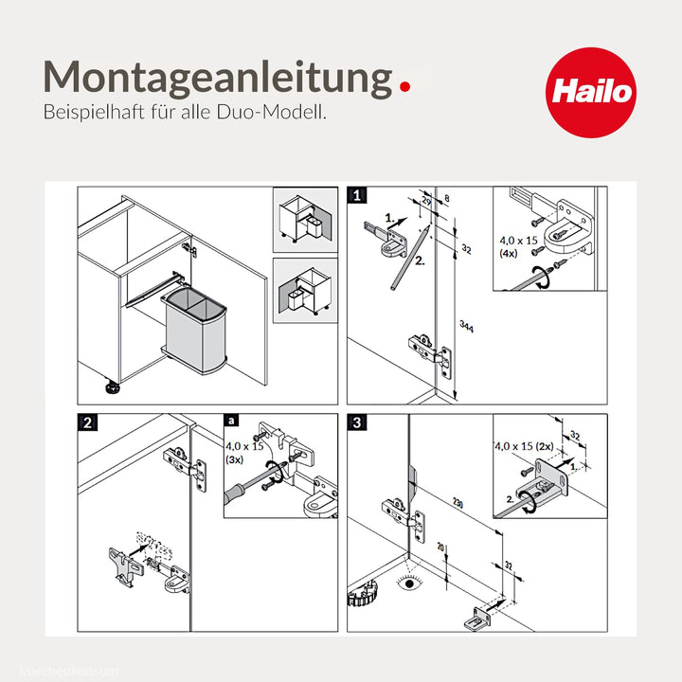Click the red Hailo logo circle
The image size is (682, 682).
pyautogui.click(x=591, y=92)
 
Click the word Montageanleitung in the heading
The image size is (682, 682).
pyautogui.click(x=217, y=78)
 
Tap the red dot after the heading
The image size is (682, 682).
pyautogui.click(x=405, y=86)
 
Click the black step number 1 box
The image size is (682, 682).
pyautogui.click(x=357, y=196)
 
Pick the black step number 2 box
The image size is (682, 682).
pyautogui.click(x=86, y=423)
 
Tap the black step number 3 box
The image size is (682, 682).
pyautogui.click(x=357, y=423)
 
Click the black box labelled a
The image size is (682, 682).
pyautogui.click(x=232, y=422)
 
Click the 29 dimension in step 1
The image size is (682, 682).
pyautogui.click(x=425, y=203)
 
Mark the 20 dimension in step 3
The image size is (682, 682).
pyautogui.click(x=440, y=549)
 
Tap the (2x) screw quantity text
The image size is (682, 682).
pyautogui.click(x=543, y=444)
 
